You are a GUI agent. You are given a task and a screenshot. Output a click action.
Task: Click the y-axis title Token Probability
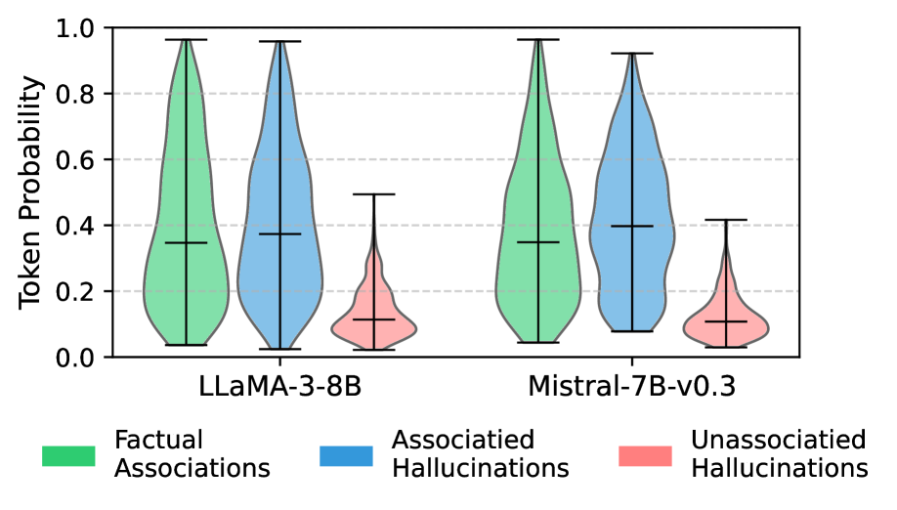pyautogui.click(x=31, y=192)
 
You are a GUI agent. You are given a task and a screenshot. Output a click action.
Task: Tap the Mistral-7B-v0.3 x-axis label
pyautogui.click(x=631, y=387)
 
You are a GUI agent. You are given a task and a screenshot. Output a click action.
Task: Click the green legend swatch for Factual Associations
pyautogui.click(x=68, y=455)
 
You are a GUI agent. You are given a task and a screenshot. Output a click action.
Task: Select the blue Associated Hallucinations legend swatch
pyautogui.click(x=346, y=455)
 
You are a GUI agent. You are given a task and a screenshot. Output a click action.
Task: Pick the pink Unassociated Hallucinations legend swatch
pyautogui.click(x=645, y=455)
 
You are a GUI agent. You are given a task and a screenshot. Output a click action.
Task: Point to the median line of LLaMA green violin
pyautogui.click(x=186, y=242)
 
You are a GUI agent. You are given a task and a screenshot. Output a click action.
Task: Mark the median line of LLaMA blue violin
pyautogui.click(x=280, y=234)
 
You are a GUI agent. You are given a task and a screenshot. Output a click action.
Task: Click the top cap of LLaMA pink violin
pyautogui.click(x=375, y=194)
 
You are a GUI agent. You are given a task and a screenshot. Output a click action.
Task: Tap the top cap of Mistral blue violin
pyautogui.click(x=631, y=53)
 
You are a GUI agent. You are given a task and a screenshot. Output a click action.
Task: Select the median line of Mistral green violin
pyautogui.click(x=536, y=241)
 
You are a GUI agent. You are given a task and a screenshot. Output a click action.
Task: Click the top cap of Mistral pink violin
pyautogui.click(x=726, y=220)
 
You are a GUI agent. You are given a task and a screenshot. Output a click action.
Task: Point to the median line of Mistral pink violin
pyautogui.click(x=726, y=321)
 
